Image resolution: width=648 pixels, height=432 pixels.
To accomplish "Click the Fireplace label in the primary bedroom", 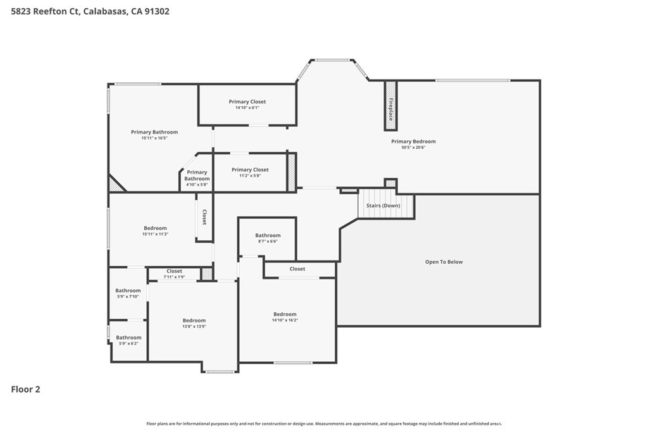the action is [x=390, y=109].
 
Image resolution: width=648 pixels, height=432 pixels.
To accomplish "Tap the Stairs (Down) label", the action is [x=383, y=206].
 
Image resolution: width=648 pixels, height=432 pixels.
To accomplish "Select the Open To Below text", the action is [x=444, y=262].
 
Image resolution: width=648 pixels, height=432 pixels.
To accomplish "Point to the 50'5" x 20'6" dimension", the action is [x=413, y=147].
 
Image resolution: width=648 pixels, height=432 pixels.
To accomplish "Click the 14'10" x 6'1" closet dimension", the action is [x=247, y=108].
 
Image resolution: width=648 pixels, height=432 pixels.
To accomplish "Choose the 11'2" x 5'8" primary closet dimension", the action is [x=250, y=176].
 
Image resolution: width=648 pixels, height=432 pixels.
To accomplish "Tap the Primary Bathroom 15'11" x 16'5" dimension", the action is [x=154, y=138].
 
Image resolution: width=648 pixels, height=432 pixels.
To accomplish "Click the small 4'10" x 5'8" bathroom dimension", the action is [x=197, y=185].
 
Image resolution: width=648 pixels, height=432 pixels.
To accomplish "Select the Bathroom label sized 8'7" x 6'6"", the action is [x=268, y=235].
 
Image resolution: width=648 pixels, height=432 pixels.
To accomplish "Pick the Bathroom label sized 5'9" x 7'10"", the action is [x=128, y=291].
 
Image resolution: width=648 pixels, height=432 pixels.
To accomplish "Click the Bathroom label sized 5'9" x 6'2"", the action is [x=128, y=338].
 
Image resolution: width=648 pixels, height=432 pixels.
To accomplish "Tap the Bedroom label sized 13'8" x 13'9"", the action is [x=194, y=321].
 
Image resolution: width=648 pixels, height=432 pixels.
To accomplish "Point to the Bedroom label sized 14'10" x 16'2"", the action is [x=285, y=314].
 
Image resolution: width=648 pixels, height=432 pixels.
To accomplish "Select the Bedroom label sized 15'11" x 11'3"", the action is [x=156, y=228].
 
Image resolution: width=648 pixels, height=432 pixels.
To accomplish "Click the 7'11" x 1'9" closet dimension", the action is [x=174, y=277].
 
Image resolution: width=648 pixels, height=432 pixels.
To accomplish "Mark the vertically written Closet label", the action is [x=204, y=217].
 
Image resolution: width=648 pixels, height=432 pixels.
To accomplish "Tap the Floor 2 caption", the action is [x=25, y=390].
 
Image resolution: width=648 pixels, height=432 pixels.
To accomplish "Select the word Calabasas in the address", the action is [x=105, y=11].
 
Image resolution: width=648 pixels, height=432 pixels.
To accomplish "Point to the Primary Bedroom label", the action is [x=413, y=142].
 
